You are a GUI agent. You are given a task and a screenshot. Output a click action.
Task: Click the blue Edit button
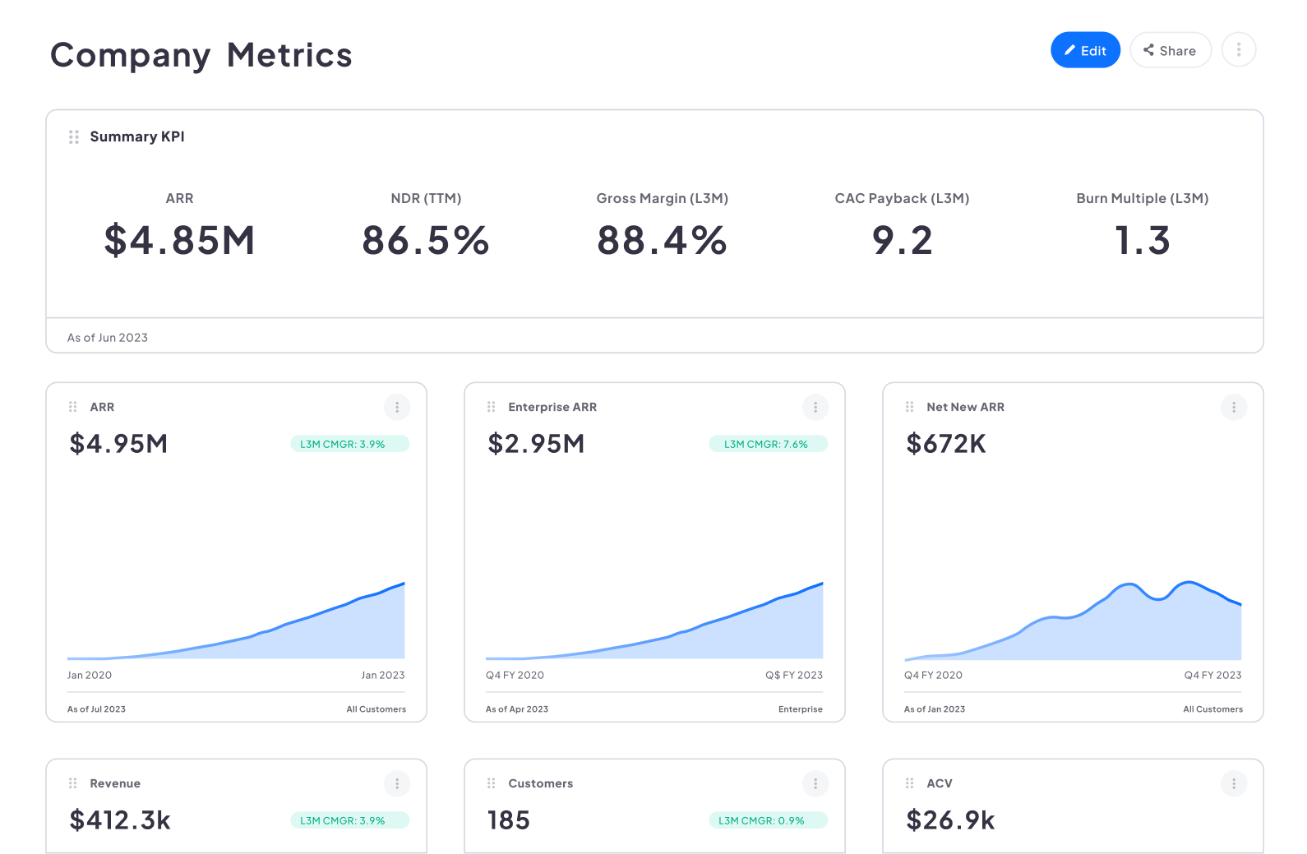point(1084,50)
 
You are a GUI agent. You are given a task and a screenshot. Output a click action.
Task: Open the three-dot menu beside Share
point(1238,50)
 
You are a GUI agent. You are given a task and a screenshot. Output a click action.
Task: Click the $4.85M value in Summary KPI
point(179,241)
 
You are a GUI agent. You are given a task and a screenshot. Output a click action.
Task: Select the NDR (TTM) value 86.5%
point(426,241)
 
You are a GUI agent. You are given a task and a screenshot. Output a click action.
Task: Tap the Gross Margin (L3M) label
point(662,198)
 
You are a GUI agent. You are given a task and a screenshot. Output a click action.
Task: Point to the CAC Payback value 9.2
point(902,241)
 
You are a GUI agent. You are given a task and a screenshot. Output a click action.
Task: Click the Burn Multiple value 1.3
point(1142,241)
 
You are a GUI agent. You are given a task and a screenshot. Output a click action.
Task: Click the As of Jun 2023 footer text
point(108,338)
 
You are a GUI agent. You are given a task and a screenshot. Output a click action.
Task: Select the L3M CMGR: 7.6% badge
point(767,444)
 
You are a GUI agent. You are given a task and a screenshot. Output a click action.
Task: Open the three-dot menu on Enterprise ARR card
point(815,407)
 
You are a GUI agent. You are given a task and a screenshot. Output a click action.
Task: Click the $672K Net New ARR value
point(945,444)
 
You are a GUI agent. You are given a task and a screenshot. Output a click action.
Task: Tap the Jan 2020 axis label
point(90,675)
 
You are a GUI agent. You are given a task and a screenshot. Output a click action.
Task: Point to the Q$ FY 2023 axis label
point(793,675)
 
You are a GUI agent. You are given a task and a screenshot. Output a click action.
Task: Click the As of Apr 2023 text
point(516,709)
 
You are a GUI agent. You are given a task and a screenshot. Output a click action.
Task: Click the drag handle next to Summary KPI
point(74,136)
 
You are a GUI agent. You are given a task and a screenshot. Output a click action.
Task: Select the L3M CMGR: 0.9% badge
point(767,820)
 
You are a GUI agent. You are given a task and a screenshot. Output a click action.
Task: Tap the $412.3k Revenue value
point(120,820)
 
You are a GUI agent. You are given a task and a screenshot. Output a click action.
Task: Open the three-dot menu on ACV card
point(1233,783)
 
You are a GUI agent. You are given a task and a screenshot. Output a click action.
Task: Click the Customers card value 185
point(508,820)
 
